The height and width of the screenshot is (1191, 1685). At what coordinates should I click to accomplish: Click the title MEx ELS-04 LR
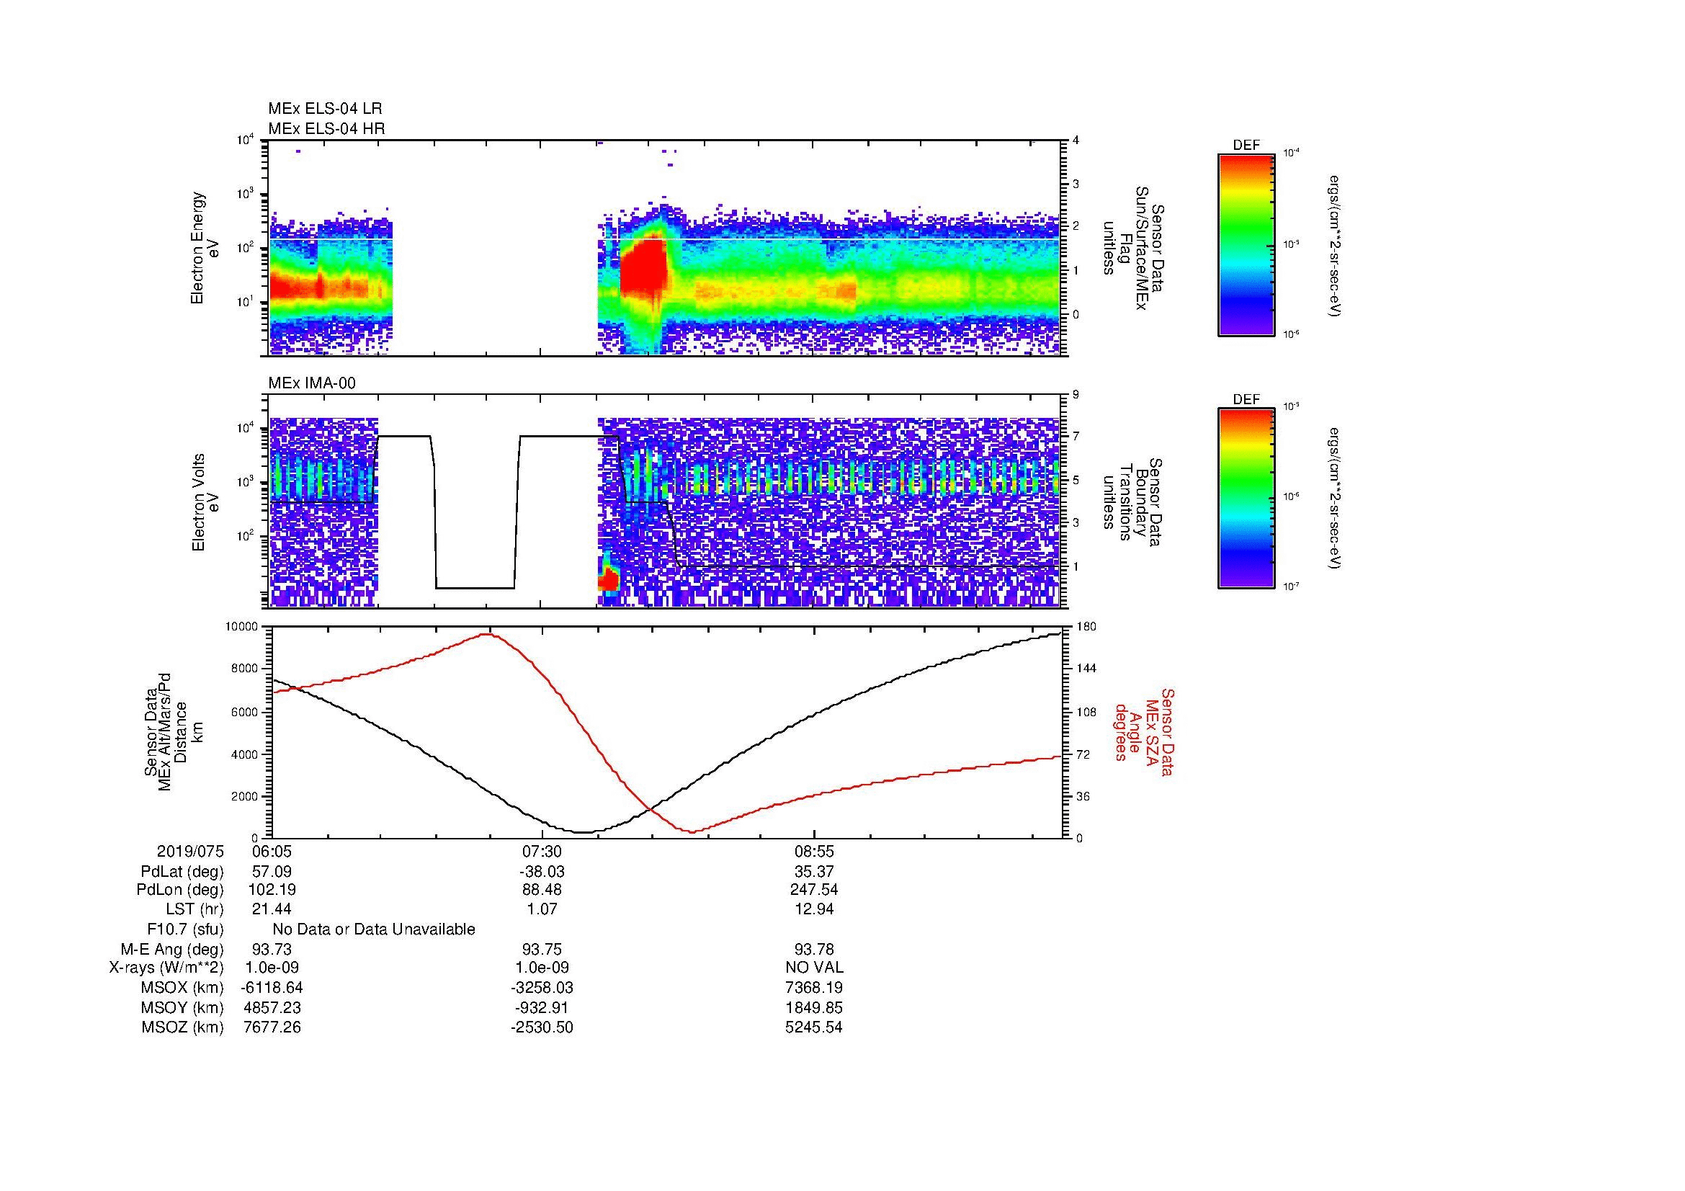click(324, 109)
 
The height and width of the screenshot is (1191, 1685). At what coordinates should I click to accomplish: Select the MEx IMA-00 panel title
click(312, 383)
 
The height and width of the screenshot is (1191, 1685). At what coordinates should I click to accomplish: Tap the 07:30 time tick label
click(542, 852)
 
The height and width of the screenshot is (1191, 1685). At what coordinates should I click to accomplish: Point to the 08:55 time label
click(814, 852)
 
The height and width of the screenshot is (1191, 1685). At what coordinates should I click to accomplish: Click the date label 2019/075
click(190, 852)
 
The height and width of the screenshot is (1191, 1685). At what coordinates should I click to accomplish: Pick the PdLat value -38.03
click(542, 872)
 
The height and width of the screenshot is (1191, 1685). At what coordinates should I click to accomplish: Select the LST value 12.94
click(814, 909)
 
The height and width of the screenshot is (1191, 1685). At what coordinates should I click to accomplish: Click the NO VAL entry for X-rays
click(814, 968)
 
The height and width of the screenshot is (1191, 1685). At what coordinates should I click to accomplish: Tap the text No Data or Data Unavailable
click(374, 929)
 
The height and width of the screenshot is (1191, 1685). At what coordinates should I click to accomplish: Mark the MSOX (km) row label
click(182, 988)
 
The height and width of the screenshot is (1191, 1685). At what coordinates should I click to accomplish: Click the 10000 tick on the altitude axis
click(241, 627)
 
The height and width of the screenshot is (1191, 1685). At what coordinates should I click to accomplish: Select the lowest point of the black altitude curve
click(582, 832)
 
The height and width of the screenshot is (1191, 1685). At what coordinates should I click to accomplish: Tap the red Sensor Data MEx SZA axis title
click(1145, 731)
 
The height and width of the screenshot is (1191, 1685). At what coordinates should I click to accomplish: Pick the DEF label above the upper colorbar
click(1246, 146)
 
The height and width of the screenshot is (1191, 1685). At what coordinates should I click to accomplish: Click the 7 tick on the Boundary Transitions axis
click(1076, 437)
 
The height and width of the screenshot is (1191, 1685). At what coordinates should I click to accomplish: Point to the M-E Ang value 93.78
click(814, 949)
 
